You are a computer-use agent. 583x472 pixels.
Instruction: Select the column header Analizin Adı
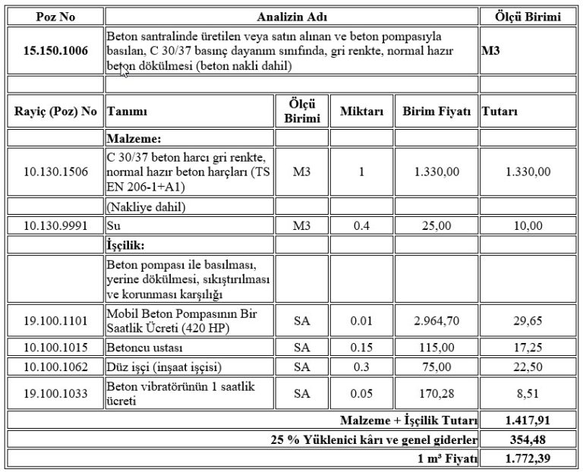pyautogui.click(x=291, y=16)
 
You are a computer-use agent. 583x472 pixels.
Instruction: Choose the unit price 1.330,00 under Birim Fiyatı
pyautogui.click(x=437, y=171)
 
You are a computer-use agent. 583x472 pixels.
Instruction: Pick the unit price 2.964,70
pyautogui.click(x=437, y=321)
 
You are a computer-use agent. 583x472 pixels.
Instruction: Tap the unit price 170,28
pyautogui.click(x=437, y=394)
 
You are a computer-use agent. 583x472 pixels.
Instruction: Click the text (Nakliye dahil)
pyautogui.click(x=147, y=206)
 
